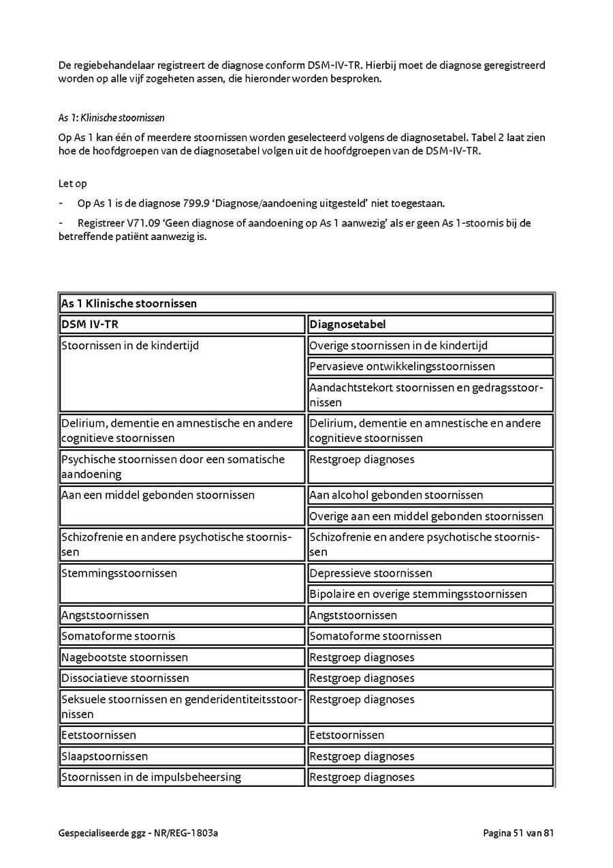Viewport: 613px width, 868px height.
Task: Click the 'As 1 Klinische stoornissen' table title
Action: coord(129,303)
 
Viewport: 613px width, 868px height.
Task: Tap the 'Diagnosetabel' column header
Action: coord(347,325)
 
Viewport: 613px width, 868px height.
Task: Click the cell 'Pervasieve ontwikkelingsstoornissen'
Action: coord(402,366)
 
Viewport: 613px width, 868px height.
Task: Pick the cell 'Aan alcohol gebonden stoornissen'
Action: coord(396,495)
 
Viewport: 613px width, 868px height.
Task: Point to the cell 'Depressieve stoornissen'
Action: coord(371,573)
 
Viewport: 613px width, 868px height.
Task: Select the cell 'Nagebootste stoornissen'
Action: coord(125,657)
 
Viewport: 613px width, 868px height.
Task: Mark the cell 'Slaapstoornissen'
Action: coord(104,756)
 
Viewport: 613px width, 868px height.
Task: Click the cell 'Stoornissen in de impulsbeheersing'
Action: coord(151,777)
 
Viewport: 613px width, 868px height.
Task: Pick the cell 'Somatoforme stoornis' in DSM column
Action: coord(119,636)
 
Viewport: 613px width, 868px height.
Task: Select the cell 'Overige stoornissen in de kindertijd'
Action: coord(398,346)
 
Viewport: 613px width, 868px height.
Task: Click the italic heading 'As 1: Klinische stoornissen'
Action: coord(112,118)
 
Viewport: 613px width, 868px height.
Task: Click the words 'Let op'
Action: coord(73,183)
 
